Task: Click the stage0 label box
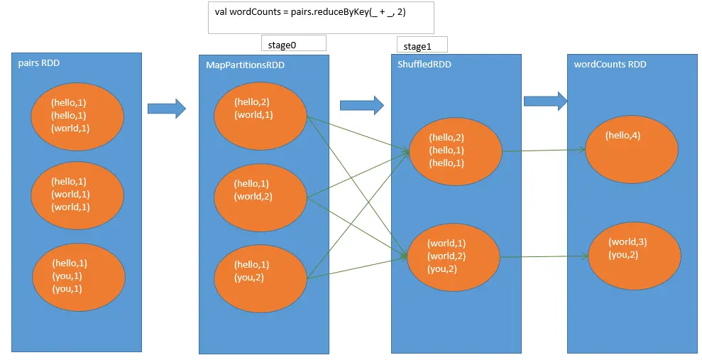[294, 43]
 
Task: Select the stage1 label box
[422, 45]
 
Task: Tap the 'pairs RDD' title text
[39, 63]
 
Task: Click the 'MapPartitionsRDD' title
[245, 65]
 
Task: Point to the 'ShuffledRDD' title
[424, 65]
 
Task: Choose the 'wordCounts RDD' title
[610, 65]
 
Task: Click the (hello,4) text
[623, 135]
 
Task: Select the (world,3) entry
[627, 242]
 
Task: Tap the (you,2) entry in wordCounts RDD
[623, 255]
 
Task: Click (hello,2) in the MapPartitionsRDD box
[251, 102]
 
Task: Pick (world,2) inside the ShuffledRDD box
[446, 256]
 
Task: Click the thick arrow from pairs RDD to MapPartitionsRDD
[167, 109]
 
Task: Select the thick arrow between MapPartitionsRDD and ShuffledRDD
[362, 105]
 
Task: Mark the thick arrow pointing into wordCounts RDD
[545, 102]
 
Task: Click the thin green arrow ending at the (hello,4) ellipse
[544, 151]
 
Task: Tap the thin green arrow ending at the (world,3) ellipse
[544, 256]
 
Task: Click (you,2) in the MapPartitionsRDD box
[249, 278]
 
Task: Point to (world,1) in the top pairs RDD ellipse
[70, 128]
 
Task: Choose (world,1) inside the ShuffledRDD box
[446, 243]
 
